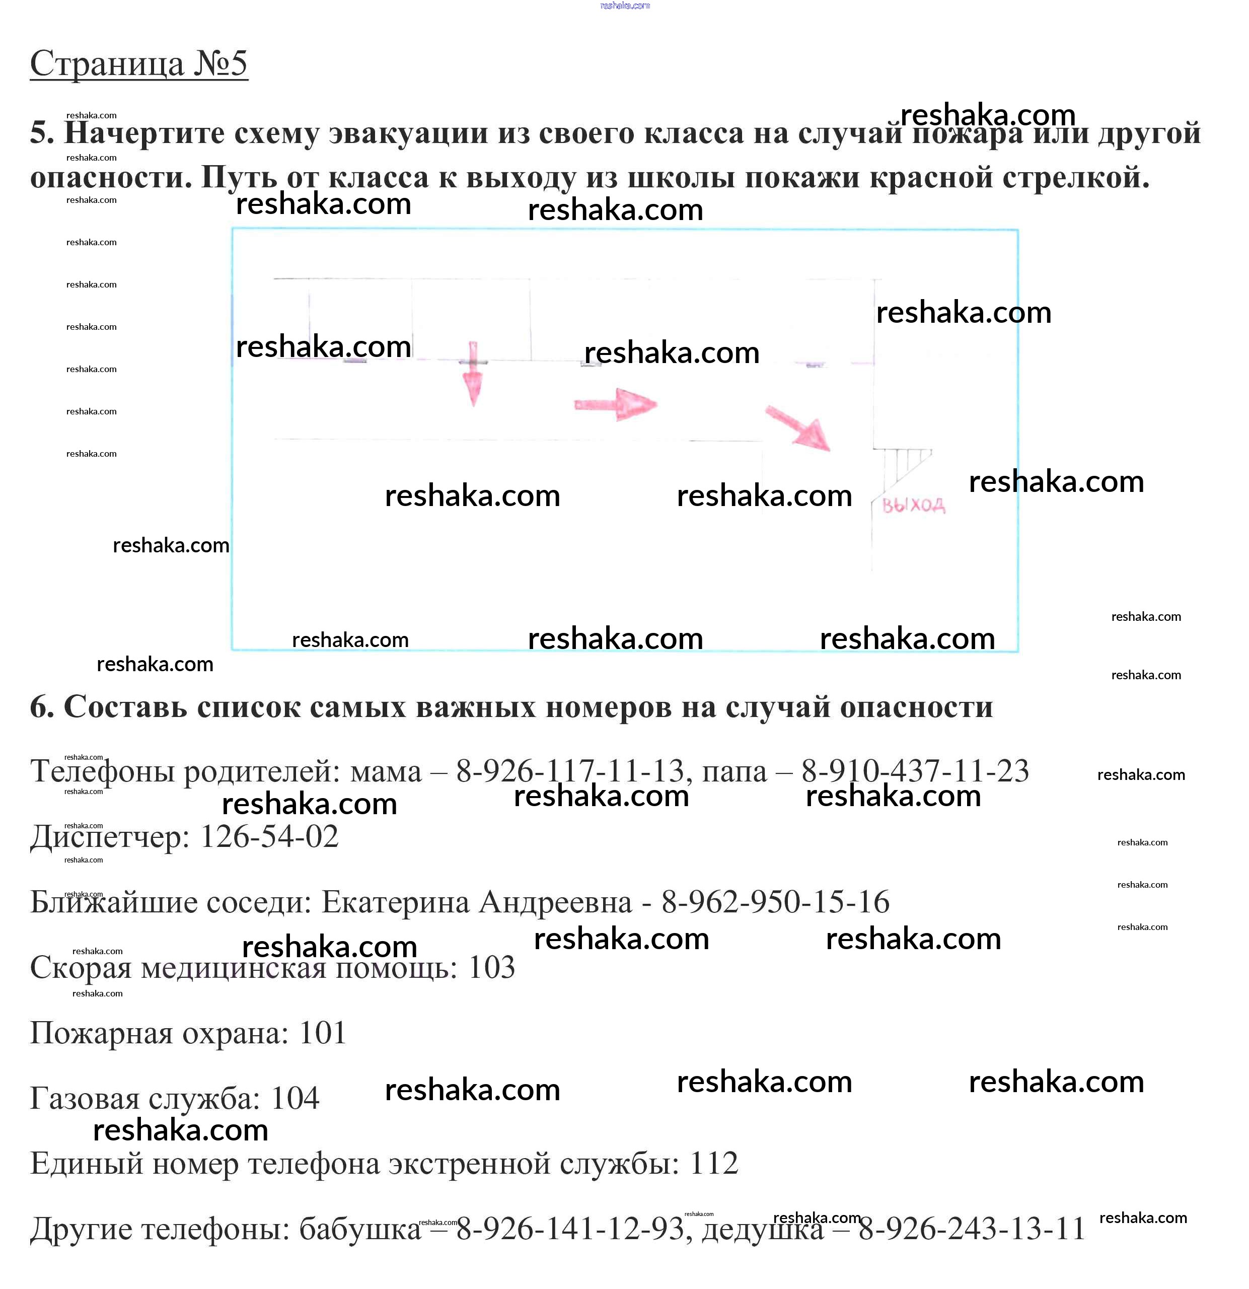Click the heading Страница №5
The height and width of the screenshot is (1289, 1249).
139,64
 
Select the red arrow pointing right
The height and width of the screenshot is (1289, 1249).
616,404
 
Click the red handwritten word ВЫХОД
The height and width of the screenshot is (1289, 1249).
913,505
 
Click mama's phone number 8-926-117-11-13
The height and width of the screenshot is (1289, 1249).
570,771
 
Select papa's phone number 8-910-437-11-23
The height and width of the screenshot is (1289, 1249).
915,771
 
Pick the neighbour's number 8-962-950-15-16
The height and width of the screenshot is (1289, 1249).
776,902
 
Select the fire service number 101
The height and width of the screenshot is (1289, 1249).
322,1033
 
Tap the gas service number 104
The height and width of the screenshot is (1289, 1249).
295,1098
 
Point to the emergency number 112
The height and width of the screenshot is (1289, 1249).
714,1164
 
